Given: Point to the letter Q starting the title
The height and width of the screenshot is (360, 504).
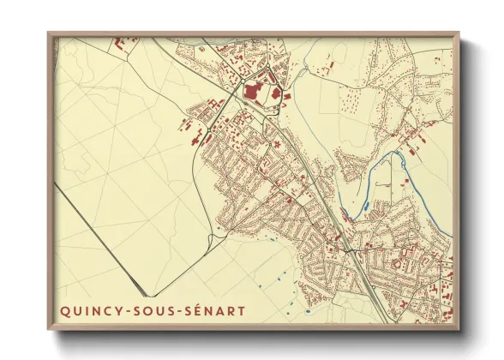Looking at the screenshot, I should point(65,309).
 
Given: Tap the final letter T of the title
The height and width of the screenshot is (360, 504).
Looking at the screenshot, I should point(242,309).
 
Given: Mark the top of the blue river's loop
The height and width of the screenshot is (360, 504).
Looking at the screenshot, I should point(396,154).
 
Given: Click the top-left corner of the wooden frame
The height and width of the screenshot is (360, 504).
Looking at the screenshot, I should point(49,33).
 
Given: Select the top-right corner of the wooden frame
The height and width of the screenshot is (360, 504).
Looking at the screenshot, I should point(459,33).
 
